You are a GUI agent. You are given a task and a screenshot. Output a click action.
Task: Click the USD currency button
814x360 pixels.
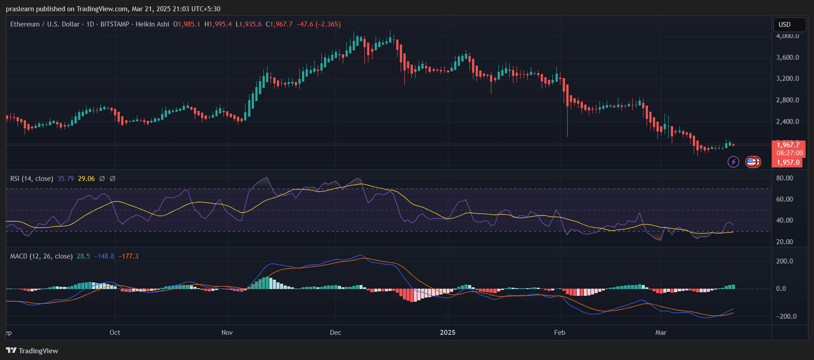point(784,25)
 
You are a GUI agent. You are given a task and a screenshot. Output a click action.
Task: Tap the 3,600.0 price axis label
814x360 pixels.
point(788,57)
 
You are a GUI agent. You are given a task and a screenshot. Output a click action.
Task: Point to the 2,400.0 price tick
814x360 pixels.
point(788,122)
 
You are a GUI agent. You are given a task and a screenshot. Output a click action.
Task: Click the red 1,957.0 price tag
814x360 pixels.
point(788,162)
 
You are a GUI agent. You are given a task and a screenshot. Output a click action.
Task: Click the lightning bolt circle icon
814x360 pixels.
point(733,162)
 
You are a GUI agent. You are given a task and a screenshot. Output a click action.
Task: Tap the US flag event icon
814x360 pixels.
point(752,162)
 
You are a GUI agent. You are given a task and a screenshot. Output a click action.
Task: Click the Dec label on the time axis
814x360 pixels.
point(335,333)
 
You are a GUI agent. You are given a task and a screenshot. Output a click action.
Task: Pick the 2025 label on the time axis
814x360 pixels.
point(447,333)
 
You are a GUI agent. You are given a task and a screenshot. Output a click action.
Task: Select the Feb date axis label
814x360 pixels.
point(560,333)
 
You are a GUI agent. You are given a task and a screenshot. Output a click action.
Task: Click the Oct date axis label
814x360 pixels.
point(115,333)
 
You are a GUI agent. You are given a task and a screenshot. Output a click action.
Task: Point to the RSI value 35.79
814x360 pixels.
point(66,179)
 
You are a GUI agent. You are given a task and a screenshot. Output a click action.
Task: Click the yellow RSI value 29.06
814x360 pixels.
point(86,179)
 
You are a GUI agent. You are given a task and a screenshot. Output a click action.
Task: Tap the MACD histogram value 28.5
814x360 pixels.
point(83,256)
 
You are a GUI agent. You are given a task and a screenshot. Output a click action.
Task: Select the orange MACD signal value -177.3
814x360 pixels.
point(128,256)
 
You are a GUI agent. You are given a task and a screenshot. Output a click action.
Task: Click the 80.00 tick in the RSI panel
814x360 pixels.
point(784,178)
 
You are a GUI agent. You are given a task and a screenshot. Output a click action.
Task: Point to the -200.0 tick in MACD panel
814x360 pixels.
point(787,316)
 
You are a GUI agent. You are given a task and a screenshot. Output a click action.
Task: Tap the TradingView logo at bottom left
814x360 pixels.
point(32,351)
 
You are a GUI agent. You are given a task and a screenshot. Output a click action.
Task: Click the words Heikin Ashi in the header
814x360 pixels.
point(152,24)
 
